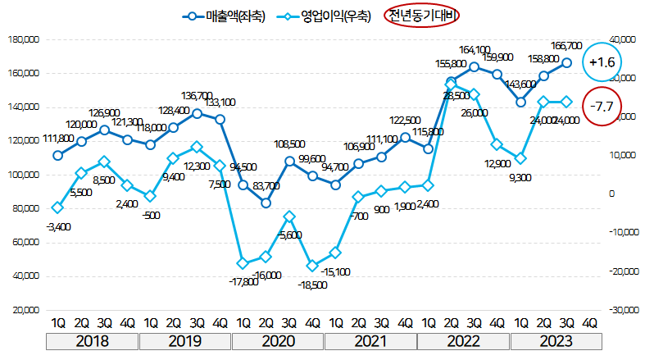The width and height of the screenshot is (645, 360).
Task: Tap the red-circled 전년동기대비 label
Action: tap(421, 15)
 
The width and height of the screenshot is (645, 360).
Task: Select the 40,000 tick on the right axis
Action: tap(624, 39)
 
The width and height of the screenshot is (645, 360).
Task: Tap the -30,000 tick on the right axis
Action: tap(622, 311)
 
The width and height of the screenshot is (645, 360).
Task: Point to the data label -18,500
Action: tap(313, 284)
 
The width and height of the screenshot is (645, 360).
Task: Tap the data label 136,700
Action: tap(197, 96)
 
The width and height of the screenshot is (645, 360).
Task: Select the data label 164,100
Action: tap(475, 50)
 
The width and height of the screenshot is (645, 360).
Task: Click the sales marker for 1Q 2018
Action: tap(57, 155)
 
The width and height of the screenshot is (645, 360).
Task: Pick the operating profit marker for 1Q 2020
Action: tap(243, 263)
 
